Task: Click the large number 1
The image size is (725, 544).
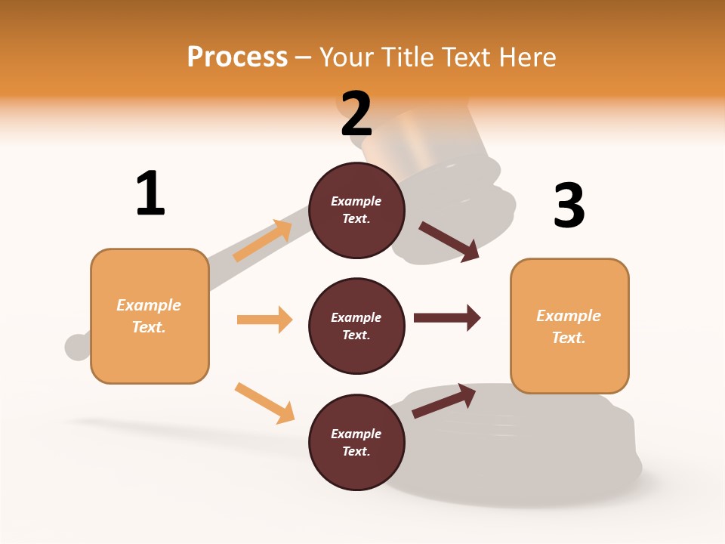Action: click(150, 194)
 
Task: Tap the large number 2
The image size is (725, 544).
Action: click(356, 115)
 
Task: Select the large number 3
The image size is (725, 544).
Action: click(569, 206)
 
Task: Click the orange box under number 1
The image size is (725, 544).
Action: click(150, 316)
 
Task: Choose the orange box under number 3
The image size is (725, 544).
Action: click(569, 326)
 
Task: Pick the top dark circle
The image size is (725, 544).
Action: click(356, 210)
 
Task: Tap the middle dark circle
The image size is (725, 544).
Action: click(356, 326)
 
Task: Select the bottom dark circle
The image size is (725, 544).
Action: click(356, 442)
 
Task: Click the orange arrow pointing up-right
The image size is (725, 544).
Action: click(263, 240)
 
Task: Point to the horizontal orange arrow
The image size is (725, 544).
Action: click(264, 320)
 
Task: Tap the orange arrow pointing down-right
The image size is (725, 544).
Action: click(264, 403)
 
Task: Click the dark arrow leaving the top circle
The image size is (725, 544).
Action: click(449, 241)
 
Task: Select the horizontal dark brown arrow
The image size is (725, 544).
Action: click(446, 317)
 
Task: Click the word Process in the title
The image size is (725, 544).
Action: click(237, 57)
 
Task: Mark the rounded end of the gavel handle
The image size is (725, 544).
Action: click(77, 347)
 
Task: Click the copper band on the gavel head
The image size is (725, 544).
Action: click(412, 128)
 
